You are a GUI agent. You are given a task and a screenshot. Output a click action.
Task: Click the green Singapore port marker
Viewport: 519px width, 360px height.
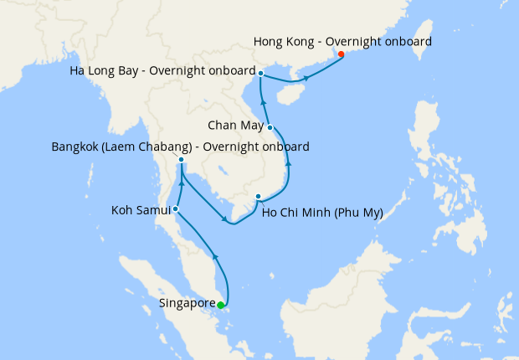tap(220, 305)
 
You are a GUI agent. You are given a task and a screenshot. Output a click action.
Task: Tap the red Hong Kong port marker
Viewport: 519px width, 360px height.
tap(341, 54)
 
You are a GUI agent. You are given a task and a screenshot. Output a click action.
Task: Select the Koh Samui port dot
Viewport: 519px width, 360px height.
tap(175, 208)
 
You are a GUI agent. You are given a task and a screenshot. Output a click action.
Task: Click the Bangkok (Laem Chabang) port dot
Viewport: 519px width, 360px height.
tap(181, 159)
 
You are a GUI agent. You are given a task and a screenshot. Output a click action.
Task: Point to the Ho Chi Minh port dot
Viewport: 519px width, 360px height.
tap(259, 197)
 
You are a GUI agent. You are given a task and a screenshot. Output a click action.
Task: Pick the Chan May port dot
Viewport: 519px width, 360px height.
tap(270, 127)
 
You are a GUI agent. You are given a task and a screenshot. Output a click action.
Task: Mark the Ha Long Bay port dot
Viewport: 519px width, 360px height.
tap(261, 74)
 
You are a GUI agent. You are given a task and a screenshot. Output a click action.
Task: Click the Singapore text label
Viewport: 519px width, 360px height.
tap(186, 304)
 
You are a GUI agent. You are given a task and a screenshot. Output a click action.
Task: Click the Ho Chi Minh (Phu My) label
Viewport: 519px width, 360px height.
tap(322, 213)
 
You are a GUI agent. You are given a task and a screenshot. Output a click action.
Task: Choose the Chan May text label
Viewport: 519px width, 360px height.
tap(236, 126)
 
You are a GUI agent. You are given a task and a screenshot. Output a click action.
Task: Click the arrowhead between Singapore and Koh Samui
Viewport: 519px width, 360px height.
tap(215, 257)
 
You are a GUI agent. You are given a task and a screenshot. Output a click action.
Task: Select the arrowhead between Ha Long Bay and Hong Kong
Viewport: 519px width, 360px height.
tap(306, 78)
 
